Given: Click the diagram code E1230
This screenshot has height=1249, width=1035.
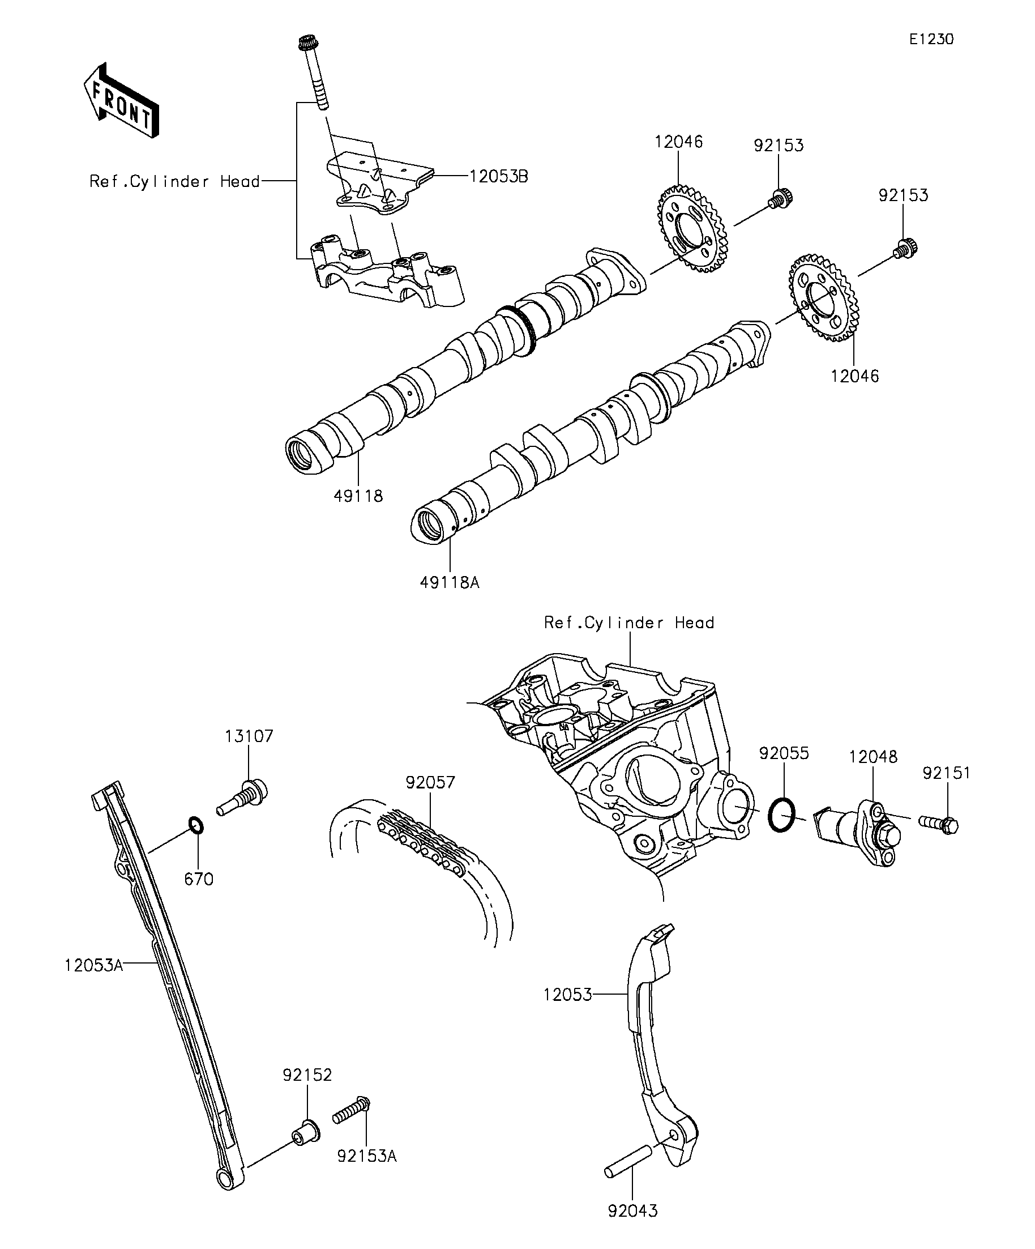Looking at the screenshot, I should point(931,39).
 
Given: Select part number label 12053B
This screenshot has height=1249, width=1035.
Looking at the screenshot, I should point(498,177).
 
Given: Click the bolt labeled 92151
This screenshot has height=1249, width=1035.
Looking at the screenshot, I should point(939,824).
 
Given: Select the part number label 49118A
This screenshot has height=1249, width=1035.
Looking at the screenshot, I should point(450,582).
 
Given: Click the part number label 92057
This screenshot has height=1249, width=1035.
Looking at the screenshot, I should point(430,783).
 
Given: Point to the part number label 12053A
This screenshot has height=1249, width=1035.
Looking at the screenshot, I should point(94,965).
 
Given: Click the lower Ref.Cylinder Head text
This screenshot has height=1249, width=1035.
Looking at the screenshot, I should point(628,623).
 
